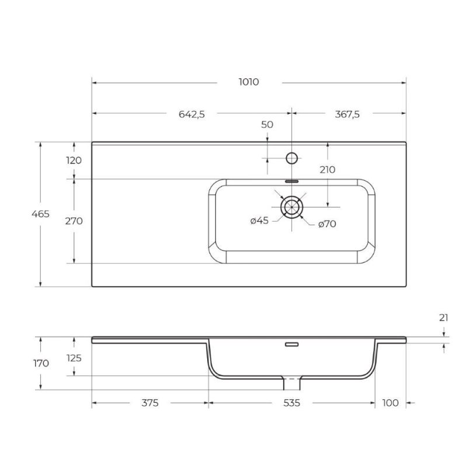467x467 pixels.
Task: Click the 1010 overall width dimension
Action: click(249, 82)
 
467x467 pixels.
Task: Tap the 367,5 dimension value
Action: click(347, 114)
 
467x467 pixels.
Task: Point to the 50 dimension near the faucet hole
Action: click(267, 124)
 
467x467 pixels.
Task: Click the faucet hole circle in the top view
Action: click(292, 158)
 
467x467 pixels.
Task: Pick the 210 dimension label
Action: click(327, 170)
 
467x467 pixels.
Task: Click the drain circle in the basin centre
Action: click(291, 207)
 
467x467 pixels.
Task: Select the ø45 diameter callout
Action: click(259, 221)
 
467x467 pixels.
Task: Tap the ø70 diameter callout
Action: click(328, 224)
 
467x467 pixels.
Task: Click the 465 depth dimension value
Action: click(40, 214)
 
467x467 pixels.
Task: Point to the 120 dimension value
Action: click(74, 160)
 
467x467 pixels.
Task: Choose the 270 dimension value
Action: click(74, 221)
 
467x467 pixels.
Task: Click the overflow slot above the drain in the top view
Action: click(291, 181)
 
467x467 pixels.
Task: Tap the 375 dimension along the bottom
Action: click(150, 403)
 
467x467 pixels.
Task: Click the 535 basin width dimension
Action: click(291, 403)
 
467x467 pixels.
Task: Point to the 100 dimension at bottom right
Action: click(390, 403)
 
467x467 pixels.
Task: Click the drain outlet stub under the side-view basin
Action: click(291, 384)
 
